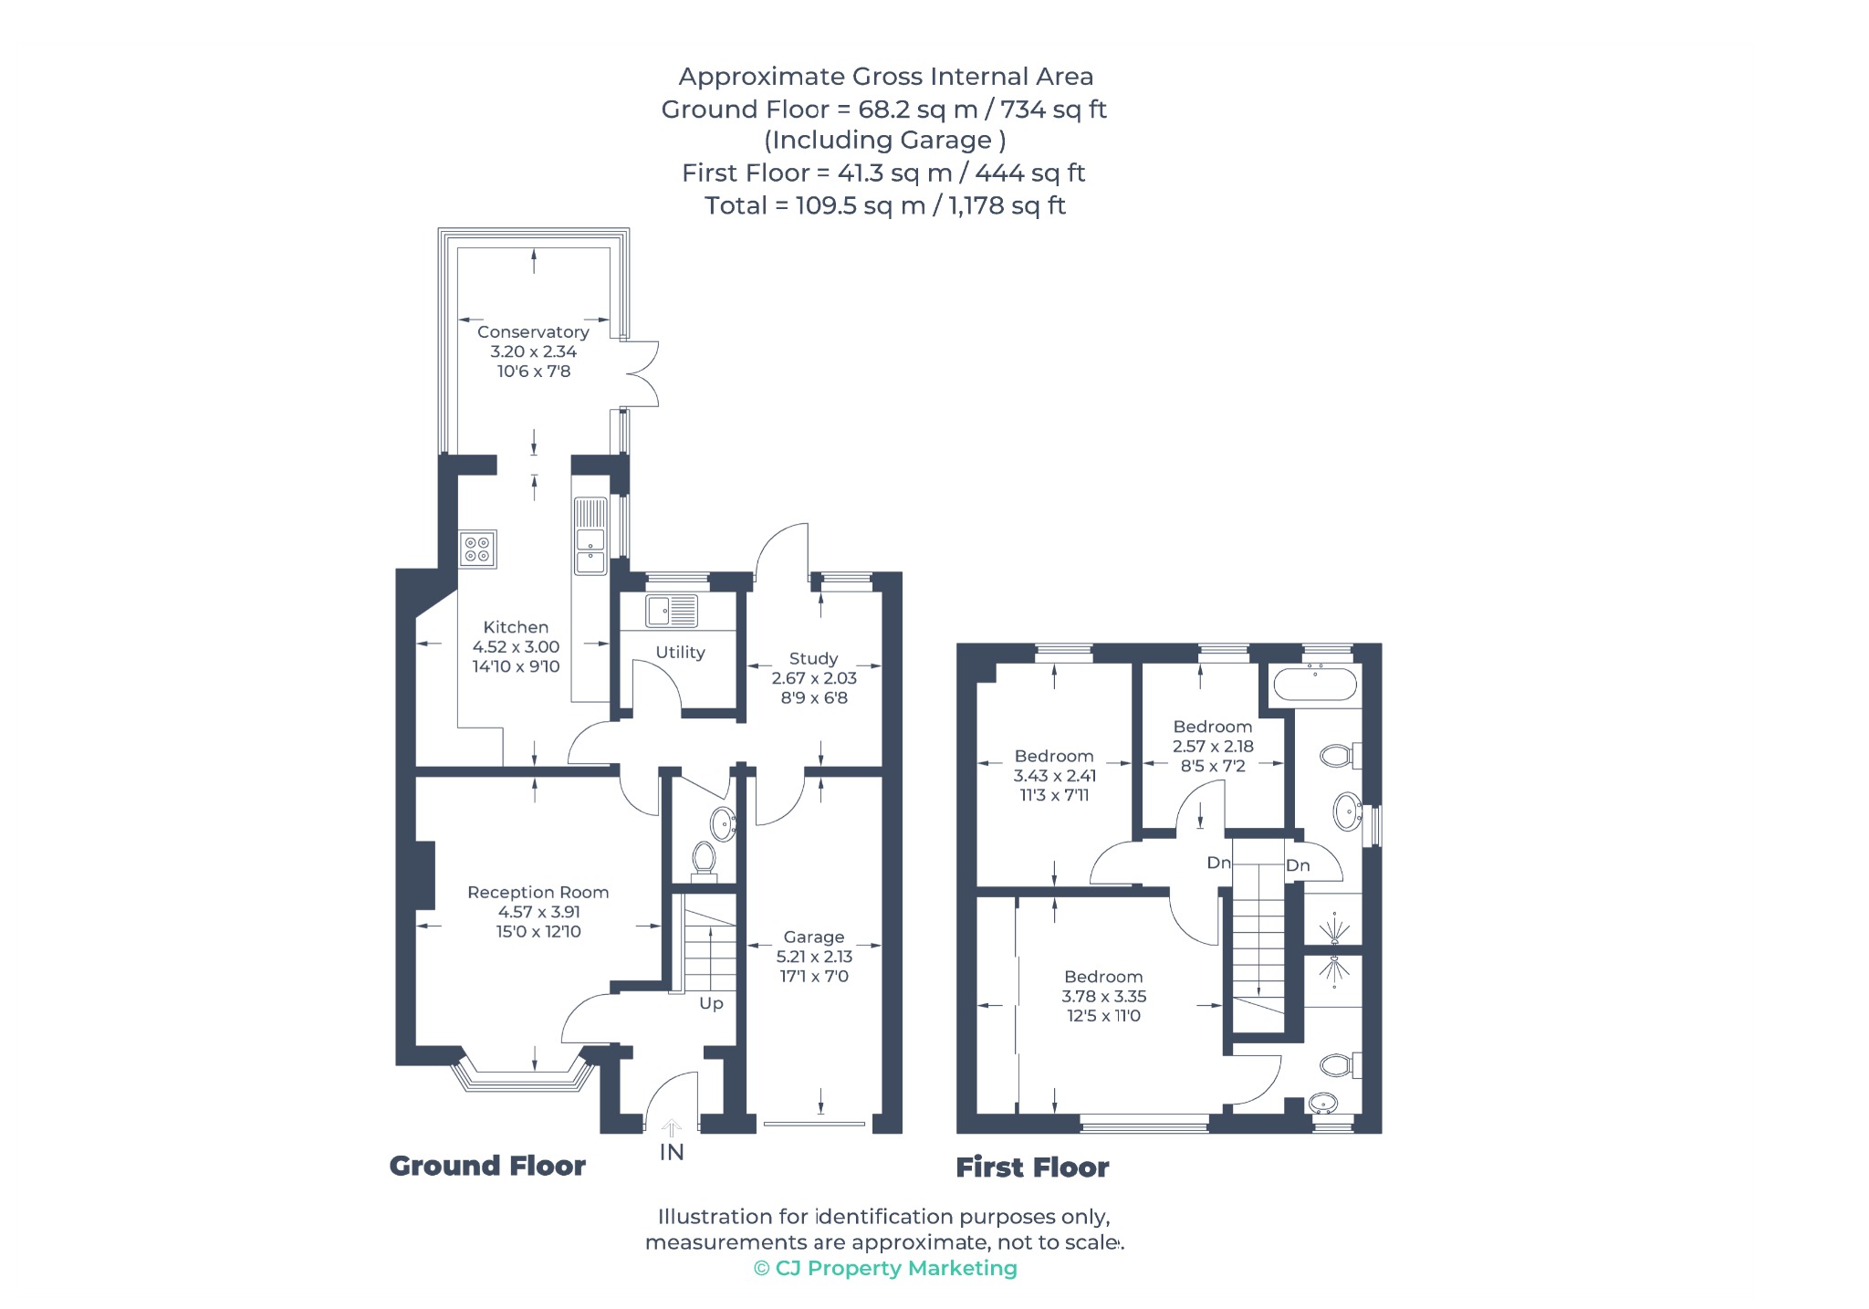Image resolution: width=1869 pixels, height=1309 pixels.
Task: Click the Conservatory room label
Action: [533, 332]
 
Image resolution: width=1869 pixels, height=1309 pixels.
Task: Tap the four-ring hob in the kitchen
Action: [478, 549]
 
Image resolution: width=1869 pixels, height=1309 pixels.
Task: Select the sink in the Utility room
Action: [672, 611]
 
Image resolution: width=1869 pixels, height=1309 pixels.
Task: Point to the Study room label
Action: [813, 658]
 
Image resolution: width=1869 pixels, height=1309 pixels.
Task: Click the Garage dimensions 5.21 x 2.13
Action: [814, 957]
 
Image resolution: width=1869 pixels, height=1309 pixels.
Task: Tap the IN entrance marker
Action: [672, 1152]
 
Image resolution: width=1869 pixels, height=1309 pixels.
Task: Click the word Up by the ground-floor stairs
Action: [711, 1004]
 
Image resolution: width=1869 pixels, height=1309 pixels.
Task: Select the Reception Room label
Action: [538, 892]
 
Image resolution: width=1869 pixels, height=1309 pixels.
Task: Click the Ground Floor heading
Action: [487, 1166]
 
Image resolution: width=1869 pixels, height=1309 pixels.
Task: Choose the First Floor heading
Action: [1032, 1168]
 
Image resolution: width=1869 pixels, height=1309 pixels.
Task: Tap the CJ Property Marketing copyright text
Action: [885, 1268]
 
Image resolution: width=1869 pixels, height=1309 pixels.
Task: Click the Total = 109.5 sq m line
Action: [885, 205]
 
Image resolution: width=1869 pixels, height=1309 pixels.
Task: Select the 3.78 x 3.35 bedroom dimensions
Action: [1103, 996]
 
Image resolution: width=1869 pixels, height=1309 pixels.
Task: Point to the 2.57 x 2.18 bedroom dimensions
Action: [1213, 746]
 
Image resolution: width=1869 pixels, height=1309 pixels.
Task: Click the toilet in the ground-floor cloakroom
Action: [703, 860]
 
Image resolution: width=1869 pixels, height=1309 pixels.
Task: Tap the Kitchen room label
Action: [516, 627]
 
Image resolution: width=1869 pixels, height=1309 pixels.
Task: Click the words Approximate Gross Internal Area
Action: [885, 77]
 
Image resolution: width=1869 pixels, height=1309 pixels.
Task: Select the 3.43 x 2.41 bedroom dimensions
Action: [1054, 775]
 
